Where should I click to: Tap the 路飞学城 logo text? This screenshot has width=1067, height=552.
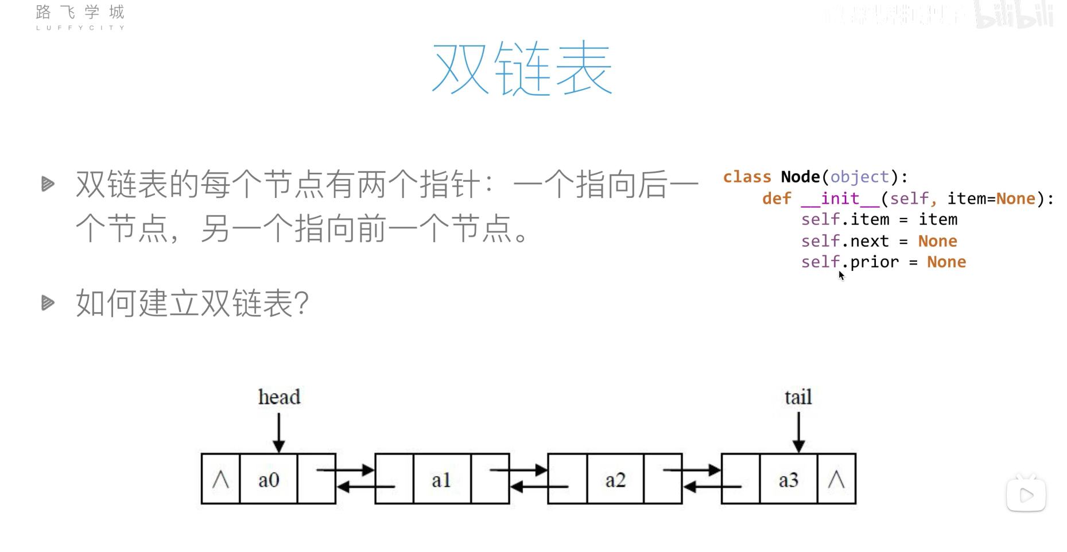[x=80, y=13]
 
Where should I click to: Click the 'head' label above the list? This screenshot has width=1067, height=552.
[x=279, y=397]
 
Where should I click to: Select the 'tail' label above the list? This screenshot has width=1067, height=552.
[x=798, y=397]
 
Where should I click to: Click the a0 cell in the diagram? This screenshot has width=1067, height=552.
[x=268, y=479]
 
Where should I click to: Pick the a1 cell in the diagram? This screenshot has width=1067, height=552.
[x=441, y=479]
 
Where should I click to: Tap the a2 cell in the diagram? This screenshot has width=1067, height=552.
[x=615, y=479]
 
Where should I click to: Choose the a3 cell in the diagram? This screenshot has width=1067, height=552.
[x=789, y=479]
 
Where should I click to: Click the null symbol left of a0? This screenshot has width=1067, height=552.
[x=220, y=479]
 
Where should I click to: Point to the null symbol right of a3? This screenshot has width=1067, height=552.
[x=836, y=479]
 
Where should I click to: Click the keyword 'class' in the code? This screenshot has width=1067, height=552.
[x=747, y=177]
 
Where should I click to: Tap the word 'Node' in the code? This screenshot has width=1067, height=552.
[x=800, y=177]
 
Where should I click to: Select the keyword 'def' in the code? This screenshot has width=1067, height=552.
[x=777, y=199]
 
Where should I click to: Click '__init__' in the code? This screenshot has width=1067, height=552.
[x=840, y=199]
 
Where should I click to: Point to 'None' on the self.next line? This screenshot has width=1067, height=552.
[x=937, y=241]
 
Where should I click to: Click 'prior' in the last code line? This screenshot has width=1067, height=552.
[x=874, y=262]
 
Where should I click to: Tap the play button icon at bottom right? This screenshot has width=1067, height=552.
[x=1026, y=495]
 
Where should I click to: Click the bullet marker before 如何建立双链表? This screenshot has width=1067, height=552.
[x=48, y=302]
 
